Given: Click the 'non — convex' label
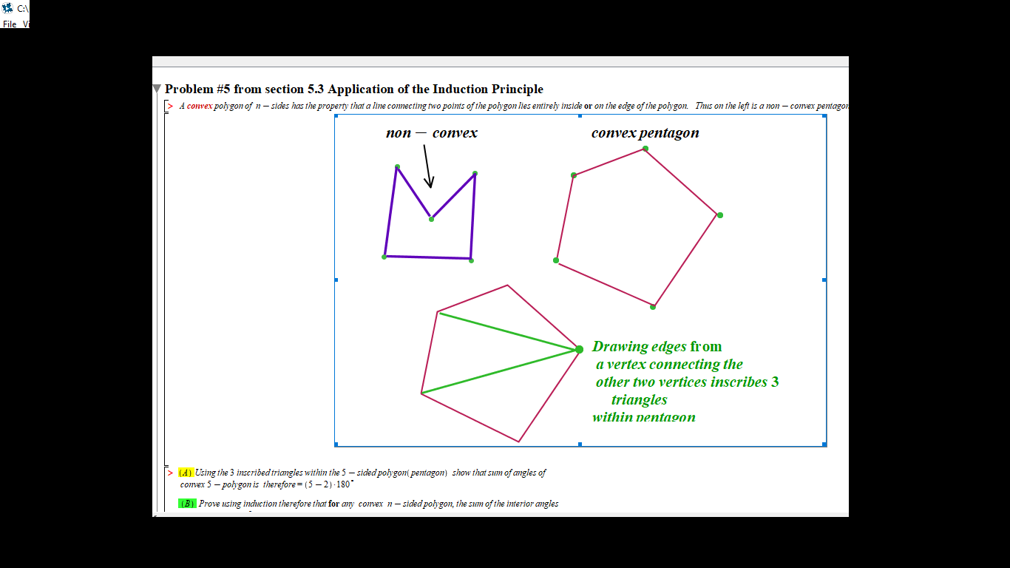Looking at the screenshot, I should tap(432, 133).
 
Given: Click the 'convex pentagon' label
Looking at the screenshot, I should tap(645, 133).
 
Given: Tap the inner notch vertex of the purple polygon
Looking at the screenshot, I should tap(431, 219).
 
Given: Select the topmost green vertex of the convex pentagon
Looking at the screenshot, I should tap(645, 149).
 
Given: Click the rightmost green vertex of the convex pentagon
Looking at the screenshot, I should tap(720, 215).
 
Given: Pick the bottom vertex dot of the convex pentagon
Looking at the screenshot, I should tap(653, 307).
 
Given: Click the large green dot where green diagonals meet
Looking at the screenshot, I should tap(579, 349).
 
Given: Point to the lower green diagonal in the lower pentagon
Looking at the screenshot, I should tap(500, 371).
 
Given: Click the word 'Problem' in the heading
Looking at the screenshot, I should tap(188, 89).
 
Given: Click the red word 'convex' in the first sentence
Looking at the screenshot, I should tap(200, 106).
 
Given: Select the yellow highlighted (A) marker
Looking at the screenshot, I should tap(186, 473).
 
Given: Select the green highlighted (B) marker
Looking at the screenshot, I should tap(187, 504).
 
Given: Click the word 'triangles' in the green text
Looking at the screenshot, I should tap(639, 400).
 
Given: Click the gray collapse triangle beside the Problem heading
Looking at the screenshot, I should tap(157, 89).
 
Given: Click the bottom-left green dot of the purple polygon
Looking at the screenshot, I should tap(384, 257).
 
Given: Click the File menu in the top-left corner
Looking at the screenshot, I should tap(10, 24).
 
